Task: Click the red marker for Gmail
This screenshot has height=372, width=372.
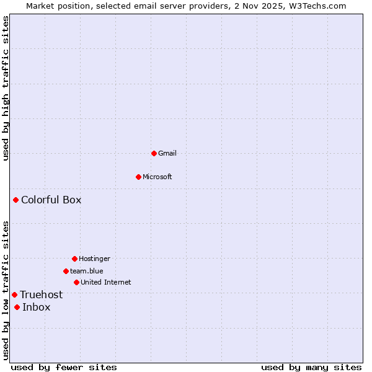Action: (154, 153)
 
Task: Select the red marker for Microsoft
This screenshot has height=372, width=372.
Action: (138, 177)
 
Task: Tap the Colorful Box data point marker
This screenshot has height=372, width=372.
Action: (15, 200)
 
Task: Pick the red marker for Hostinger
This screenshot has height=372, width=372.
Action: (74, 259)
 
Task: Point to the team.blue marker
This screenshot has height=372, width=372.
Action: (66, 271)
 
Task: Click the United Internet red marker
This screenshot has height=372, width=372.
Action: (76, 282)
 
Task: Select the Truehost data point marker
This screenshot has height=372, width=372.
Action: (14, 294)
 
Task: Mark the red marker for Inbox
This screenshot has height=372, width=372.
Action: (17, 307)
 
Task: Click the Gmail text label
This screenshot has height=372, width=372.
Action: (167, 153)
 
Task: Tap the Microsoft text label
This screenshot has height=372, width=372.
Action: (157, 177)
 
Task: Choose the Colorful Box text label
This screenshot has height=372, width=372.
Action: (51, 200)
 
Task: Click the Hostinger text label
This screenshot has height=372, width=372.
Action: (94, 259)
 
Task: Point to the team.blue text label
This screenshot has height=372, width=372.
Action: (87, 271)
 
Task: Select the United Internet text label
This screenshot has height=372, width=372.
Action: (106, 282)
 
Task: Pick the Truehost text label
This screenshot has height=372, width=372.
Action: (42, 294)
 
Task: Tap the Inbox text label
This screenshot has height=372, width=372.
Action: (37, 307)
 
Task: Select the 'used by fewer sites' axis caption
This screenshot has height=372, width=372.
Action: (64, 367)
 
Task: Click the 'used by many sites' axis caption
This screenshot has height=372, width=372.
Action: (311, 367)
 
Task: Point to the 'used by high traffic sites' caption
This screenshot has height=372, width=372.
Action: (6, 88)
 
